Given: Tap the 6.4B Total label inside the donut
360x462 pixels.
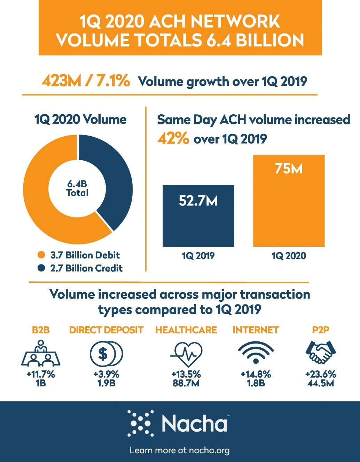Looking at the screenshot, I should tap(77, 188).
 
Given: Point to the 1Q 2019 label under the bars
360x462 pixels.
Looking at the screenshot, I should tap(198, 256).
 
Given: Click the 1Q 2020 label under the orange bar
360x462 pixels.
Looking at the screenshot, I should tap(289, 256).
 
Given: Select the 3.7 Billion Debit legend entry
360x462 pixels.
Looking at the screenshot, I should tap(85, 255).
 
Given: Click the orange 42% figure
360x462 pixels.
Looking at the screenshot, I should tap(173, 139).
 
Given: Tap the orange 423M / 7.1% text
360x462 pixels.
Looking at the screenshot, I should tap(86, 81).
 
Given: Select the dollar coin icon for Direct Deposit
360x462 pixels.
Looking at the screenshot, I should tap(106, 354).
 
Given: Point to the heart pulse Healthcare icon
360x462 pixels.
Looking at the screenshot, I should tap(186, 354).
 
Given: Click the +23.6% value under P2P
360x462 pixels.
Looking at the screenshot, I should tap(320, 375).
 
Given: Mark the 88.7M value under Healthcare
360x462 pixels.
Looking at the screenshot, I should tap(186, 383).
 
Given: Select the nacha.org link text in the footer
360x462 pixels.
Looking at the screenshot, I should tap(209, 451).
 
